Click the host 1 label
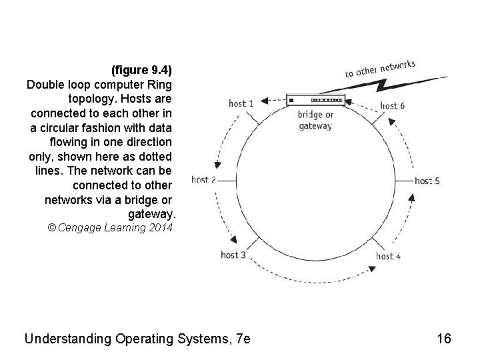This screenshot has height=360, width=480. click(241, 103)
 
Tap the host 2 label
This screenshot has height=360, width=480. click(203, 179)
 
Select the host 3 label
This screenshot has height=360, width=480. click(233, 255)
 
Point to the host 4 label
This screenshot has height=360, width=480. click(388, 256)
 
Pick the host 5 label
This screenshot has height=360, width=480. click(427, 180)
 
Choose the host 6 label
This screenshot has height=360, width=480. click(393, 105)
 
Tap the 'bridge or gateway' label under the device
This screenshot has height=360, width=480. click(315, 120)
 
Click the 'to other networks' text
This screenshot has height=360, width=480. click(380, 69)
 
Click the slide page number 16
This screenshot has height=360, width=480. click(444, 339)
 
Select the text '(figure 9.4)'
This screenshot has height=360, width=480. click(141, 70)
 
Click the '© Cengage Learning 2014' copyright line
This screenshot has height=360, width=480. click(110, 228)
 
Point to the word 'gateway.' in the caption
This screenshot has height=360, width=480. click(151, 214)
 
